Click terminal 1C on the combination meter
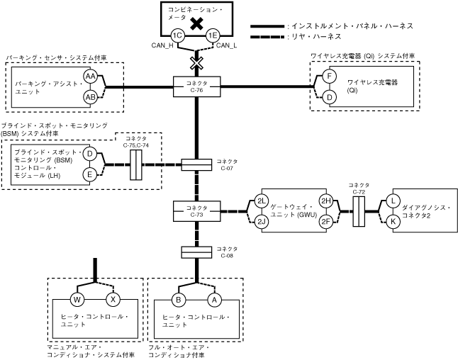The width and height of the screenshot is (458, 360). pyautogui.click(x=178, y=35)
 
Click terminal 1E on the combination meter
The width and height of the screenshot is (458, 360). pyautogui.click(x=212, y=35)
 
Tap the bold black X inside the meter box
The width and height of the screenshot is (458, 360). pyautogui.click(x=197, y=23)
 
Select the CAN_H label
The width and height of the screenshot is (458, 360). pyautogui.click(x=163, y=46)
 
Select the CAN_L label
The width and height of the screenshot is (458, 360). pyautogui.click(x=227, y=46)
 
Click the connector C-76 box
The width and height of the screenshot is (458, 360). pyautogui.click(x=197, y=86)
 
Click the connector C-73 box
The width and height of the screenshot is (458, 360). pyautogui.click(x=197, y=211)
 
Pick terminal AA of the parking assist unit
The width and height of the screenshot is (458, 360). pyautogui.click(x=90, y=77)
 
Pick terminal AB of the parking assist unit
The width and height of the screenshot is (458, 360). pyautogui.click(x=90, y=96)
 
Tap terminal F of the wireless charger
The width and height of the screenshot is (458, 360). pyautogui.click(x=329, y=77)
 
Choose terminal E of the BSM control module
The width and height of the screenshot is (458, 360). pyautogui.click(x=90, y=174)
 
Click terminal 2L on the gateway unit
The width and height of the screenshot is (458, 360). pyautogui.click(x=262, y=201)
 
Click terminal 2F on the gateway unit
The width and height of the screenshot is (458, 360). pyautogui.click(x=327, y=221)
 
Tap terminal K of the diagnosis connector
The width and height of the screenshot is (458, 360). pyautogui.click(x=393, y=221)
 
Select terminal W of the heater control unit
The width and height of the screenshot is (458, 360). pyautogui.click(x=77, y=298)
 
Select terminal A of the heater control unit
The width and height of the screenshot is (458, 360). pyautogui.click(x=213, y=298)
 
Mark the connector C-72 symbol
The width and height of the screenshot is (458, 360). pyautogui.click(x=359, y=211)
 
